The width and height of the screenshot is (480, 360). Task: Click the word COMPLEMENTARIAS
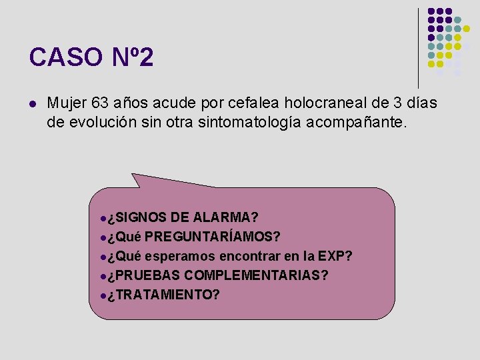point(256,275)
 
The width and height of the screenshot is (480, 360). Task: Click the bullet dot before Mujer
point(32,104)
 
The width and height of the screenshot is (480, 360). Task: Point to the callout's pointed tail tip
point(133,175)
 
